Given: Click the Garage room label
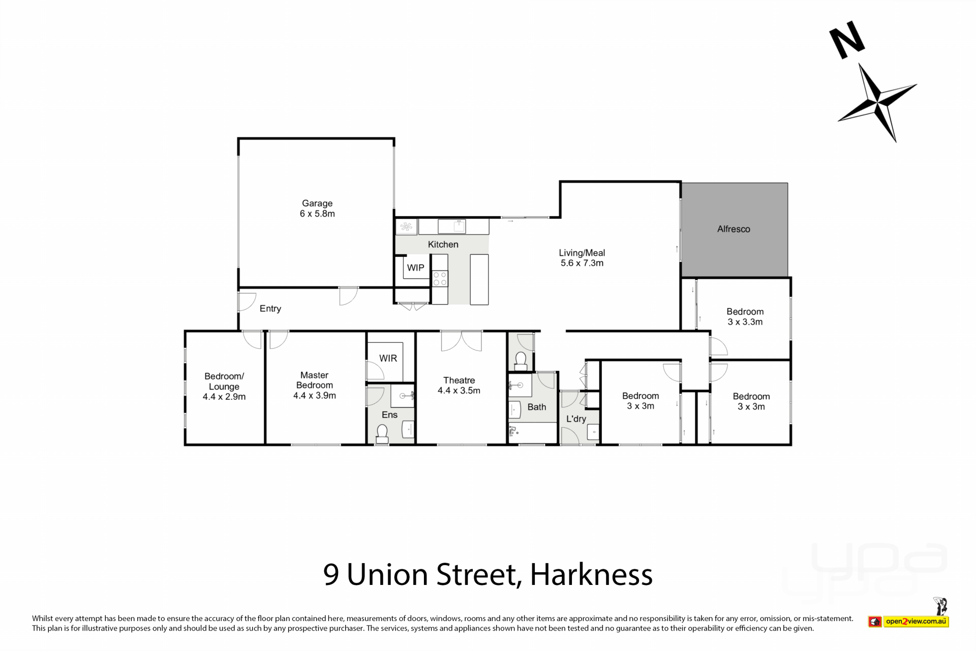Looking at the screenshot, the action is point(317,203).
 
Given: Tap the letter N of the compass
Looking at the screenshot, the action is point(847,40).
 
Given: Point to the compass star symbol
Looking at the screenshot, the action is point(878,102).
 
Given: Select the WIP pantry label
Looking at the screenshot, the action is point(415,268).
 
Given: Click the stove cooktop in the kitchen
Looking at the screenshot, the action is point(440,278).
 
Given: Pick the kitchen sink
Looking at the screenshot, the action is point(452,226).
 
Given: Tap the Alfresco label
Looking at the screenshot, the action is point(734,229).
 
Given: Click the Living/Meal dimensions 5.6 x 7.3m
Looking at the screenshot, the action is point(582,263).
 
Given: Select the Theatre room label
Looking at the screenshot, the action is point(459,380).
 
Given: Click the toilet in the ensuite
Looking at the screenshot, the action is point(382,434).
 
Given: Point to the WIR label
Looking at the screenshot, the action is point(388,358).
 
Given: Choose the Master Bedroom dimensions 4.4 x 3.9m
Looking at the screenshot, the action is point(315,395).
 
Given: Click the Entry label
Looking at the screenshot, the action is point(270,309).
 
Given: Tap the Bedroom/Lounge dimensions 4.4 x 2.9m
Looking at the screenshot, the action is point(224,397).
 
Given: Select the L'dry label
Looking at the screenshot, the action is point(576,419).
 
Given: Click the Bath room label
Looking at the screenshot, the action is point(537,407).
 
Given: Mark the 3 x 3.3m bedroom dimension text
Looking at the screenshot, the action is point(745,322).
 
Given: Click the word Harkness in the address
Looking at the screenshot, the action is point(591,574).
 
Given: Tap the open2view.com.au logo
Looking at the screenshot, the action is point(908,621).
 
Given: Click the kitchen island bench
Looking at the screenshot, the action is point(479,280).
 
